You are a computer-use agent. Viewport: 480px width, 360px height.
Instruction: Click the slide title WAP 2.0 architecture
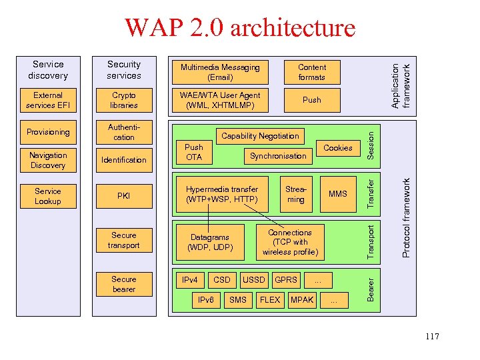[240, 28]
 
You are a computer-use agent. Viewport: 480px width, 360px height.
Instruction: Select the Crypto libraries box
[124, 100]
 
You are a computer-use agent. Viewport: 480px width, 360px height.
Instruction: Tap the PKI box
[124, 196]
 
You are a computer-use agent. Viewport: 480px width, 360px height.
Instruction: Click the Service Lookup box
[48, 196]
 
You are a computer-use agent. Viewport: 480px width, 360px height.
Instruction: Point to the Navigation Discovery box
[48, 160]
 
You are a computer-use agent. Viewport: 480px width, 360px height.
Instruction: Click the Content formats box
[311, 72]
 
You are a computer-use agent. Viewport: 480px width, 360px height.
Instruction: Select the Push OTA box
[194, 152]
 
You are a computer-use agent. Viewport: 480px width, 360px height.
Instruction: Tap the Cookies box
[337, 148]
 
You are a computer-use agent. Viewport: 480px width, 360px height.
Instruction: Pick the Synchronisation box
[278, 156]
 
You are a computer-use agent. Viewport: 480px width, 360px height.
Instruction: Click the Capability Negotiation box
[260, 136]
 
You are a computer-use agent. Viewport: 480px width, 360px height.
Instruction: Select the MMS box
[337, 193]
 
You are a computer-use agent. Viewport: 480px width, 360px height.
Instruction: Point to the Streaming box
[295, 194]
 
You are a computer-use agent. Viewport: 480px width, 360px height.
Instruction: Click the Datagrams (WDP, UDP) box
[210, 242]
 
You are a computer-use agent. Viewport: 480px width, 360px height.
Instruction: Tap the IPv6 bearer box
[206, 300]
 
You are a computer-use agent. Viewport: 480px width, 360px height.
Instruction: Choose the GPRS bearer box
[286, 279]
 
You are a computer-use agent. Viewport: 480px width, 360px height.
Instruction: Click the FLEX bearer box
[270, 300]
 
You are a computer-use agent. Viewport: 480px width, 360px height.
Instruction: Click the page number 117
[431, 337]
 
